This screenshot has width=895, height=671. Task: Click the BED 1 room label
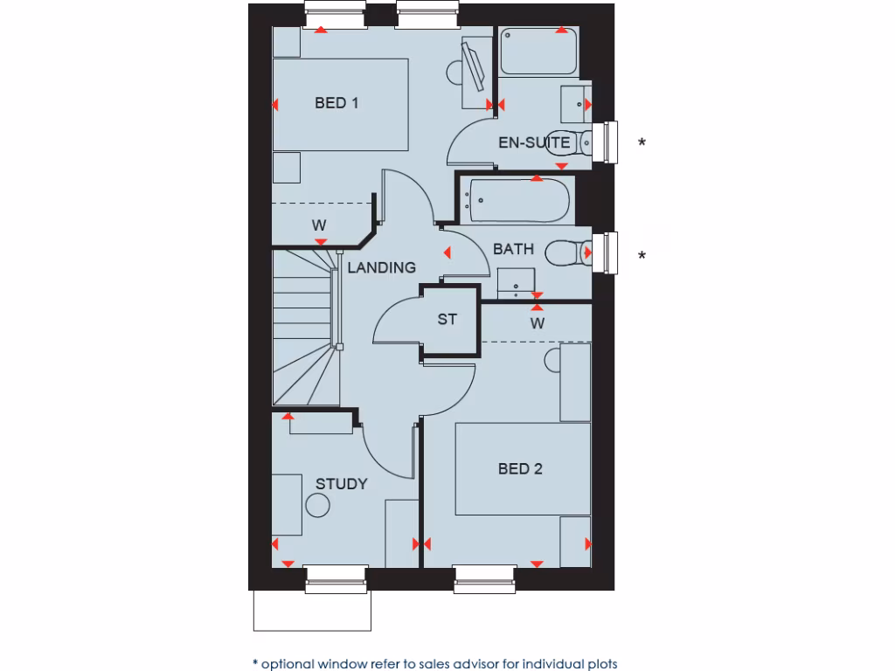pos(336,103)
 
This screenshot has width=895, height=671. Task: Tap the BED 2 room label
pos(520,469)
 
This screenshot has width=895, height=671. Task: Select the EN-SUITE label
pos(534,142)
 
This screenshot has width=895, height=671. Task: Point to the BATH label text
pos(513,249)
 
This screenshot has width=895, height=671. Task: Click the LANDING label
pos(381,267)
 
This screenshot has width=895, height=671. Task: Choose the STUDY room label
pos(341,484)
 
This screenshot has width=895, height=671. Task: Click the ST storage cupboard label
pos(447,320)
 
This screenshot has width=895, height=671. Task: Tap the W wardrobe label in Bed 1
pos(319,225)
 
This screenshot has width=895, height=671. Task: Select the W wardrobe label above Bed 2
pos(538,323)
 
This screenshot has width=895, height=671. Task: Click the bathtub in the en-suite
pos(538,51)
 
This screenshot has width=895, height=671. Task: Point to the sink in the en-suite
pos(574,103)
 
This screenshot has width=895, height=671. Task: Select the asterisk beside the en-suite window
pos(642,142)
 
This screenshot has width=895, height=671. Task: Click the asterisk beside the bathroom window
pos(642,255)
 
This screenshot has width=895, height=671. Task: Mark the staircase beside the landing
pos(304,328)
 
